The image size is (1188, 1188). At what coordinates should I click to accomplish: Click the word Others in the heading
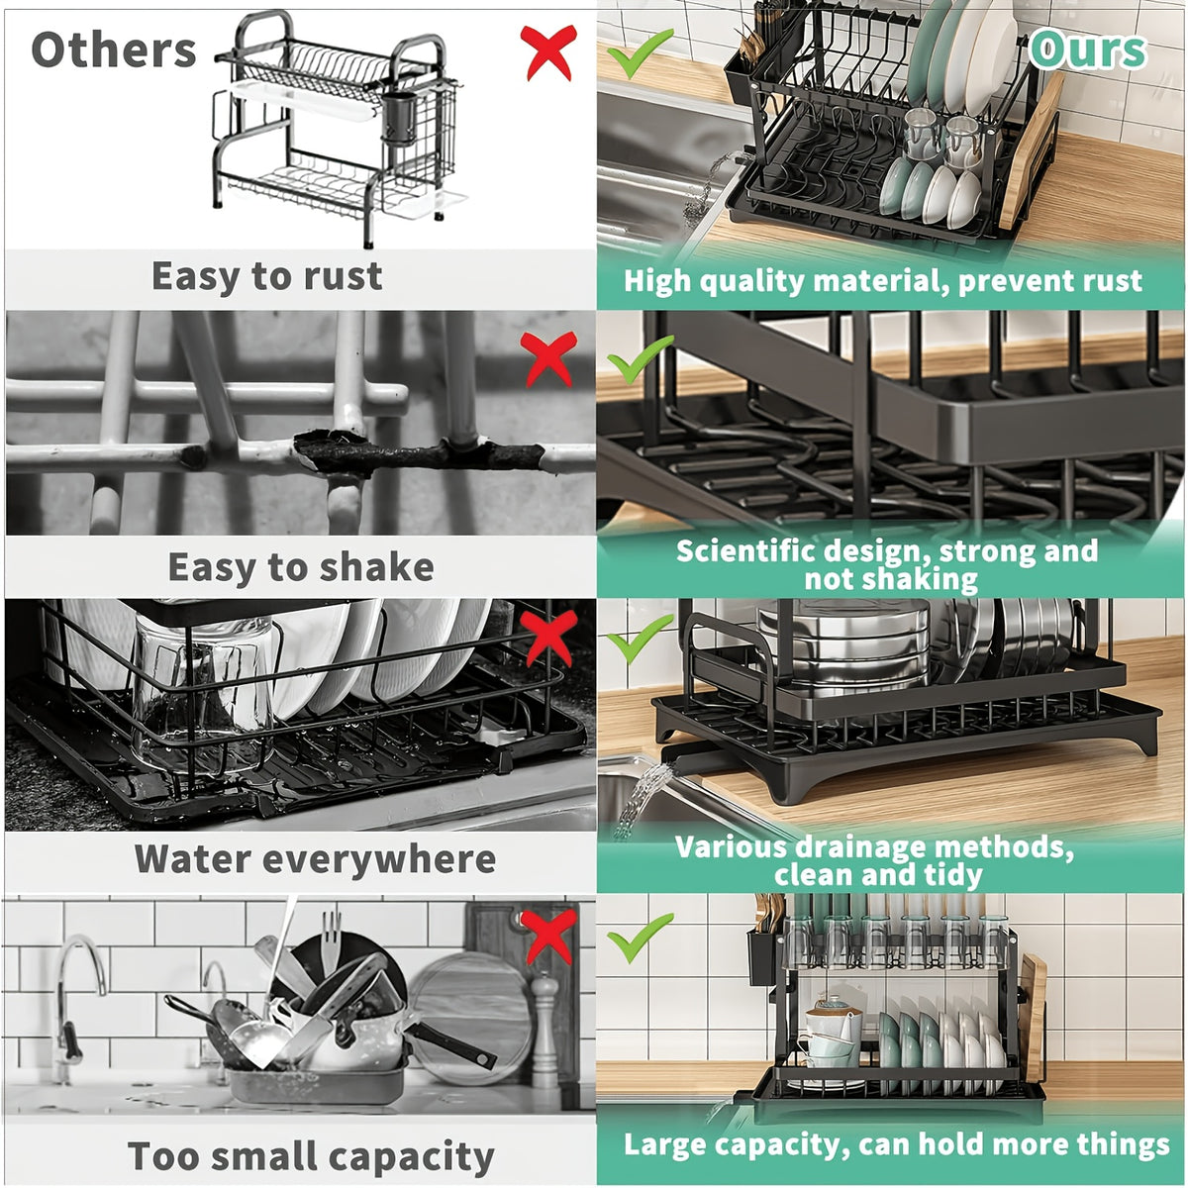[x=114, y=49]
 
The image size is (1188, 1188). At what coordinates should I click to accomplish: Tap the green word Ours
[x=1087, y=49]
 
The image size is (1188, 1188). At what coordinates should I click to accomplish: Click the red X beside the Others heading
[x=548, y=52]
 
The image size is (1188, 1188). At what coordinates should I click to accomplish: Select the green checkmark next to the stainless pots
[x=640, y=638]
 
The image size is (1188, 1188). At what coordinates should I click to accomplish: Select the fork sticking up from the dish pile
[x=332, y=939]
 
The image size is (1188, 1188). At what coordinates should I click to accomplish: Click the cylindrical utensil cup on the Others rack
[x=399, y=119]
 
